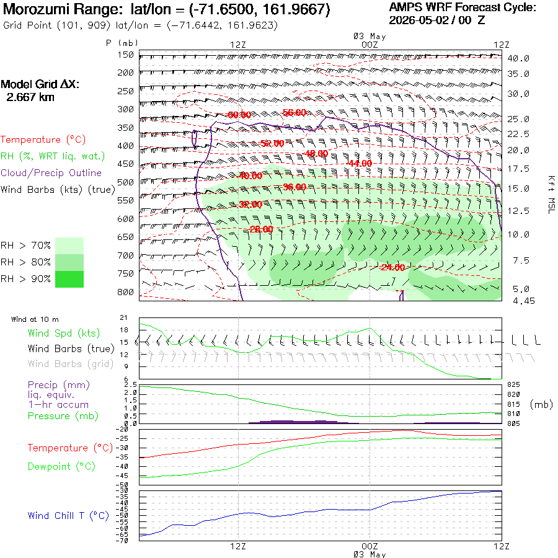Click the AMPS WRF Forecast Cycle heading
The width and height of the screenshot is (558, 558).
[x=463, y=7]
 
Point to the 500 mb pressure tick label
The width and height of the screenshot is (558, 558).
[x=126, y=182]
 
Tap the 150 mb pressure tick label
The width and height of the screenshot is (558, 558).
[x=126, y=55]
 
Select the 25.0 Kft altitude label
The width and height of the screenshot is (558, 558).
[x=518, y=119]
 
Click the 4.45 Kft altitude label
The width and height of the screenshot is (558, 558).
[x=523, y=301]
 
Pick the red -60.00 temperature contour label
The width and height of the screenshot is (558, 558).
[x=239, y=115]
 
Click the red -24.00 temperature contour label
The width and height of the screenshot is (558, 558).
[x=392, y=267]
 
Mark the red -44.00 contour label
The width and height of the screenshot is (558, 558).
[x=360, y=163]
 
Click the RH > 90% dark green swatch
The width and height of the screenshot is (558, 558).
[x=69, y=280]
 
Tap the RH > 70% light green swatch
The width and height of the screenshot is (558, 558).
[x=69, y=246]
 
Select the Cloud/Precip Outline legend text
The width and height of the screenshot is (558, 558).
[x=51, y=173]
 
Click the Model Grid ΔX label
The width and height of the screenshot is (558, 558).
[x=40, y=84]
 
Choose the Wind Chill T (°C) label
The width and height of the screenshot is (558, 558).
[x=68, y=516]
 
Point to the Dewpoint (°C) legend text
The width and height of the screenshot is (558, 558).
[x=61, y=466]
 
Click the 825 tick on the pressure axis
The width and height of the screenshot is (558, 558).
[x=513, y=384]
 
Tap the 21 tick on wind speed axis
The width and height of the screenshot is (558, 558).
[x=123, y=318]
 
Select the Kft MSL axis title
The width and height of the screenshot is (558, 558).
[x=551, y=195]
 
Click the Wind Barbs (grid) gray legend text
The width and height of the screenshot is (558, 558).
[x=71, y=364]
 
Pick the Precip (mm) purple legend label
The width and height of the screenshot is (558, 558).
[x=59, y=385]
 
